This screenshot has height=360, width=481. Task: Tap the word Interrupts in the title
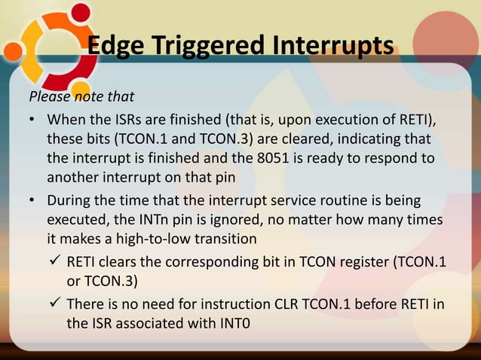[x=331, y=45]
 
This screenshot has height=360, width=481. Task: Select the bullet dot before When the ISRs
[x=33, y=122]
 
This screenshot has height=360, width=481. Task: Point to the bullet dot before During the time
[x=33, y=201]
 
